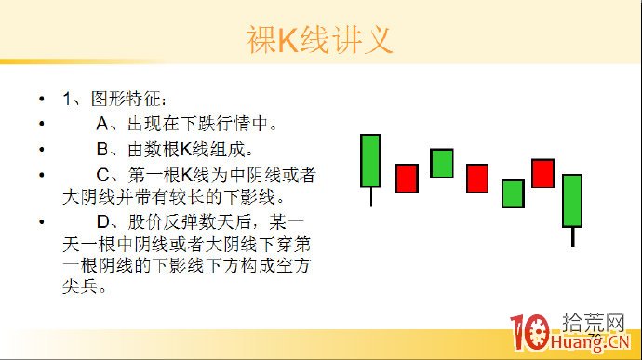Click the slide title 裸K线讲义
tap(319, 40)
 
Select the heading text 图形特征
tap(128, 99)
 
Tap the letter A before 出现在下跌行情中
tap(104, 124)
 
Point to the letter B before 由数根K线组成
tap(104, 149)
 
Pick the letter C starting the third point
tap(104, 174)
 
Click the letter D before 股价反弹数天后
tap(104, 223)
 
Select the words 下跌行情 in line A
tap(225, 124)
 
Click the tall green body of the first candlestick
tap(370, 160)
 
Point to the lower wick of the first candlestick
tap(370, 196)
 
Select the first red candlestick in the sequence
tap(407, 178)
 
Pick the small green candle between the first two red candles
tap(442, 163)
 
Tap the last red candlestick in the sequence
tap(542, 173)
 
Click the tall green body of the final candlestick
tap(572, 200)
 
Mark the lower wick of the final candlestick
tap(572, 236)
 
